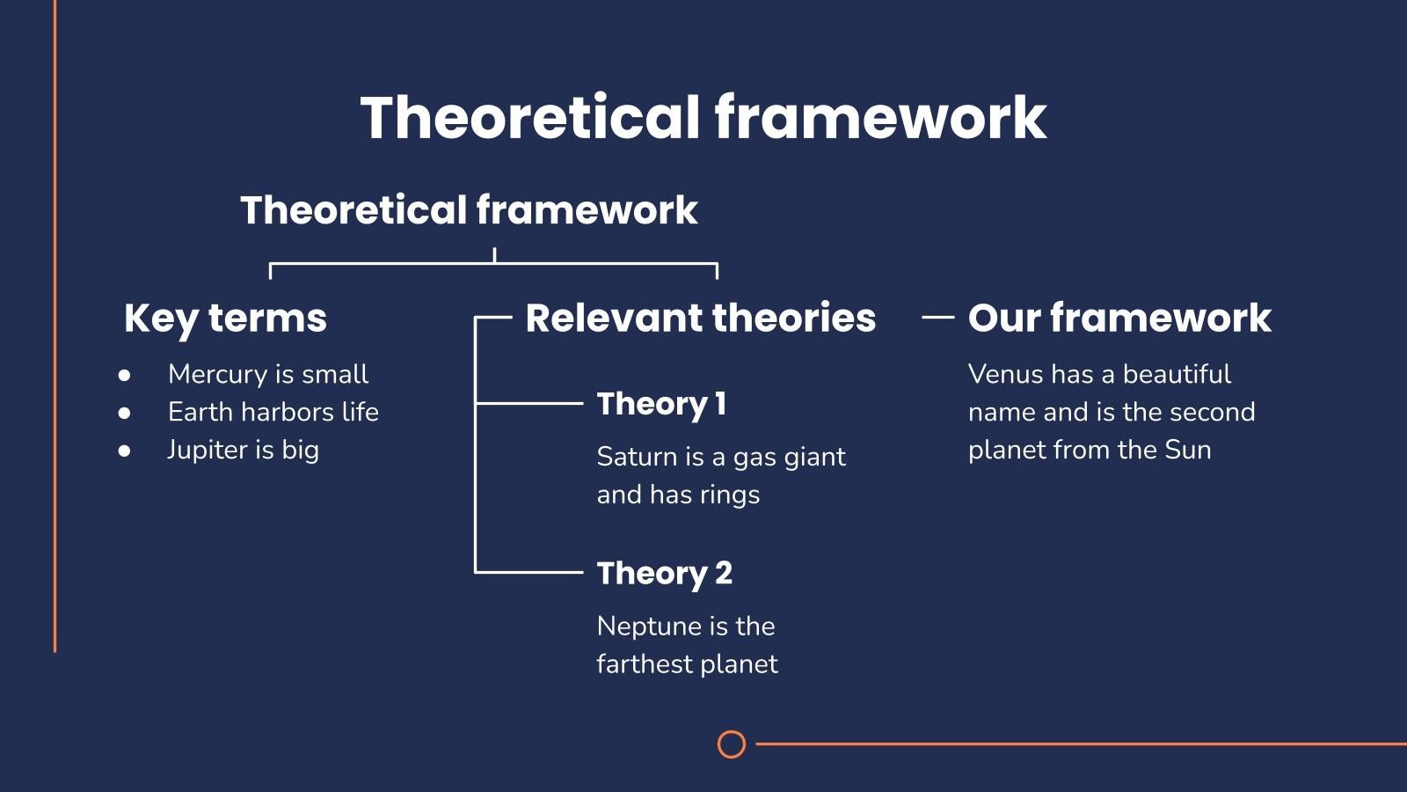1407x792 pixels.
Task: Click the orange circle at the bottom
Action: click(731, 731)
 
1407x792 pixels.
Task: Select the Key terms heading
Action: click(225, 318)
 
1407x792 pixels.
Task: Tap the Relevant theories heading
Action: click(700, 318)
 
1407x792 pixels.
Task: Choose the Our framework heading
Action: click(1120, 318)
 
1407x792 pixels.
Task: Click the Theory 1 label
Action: click(661, 404)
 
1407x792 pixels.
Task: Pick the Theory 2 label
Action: click(665, 574)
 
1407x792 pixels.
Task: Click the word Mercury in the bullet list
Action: click(218, 375)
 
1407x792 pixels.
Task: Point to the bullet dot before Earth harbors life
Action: click(124, 413)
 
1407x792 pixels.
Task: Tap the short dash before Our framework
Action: click(937, 318)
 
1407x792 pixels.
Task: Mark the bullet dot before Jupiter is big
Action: click(124, 451)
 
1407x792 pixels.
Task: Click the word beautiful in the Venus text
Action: click(1177, 375)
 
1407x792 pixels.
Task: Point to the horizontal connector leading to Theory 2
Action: click(529, 572)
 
